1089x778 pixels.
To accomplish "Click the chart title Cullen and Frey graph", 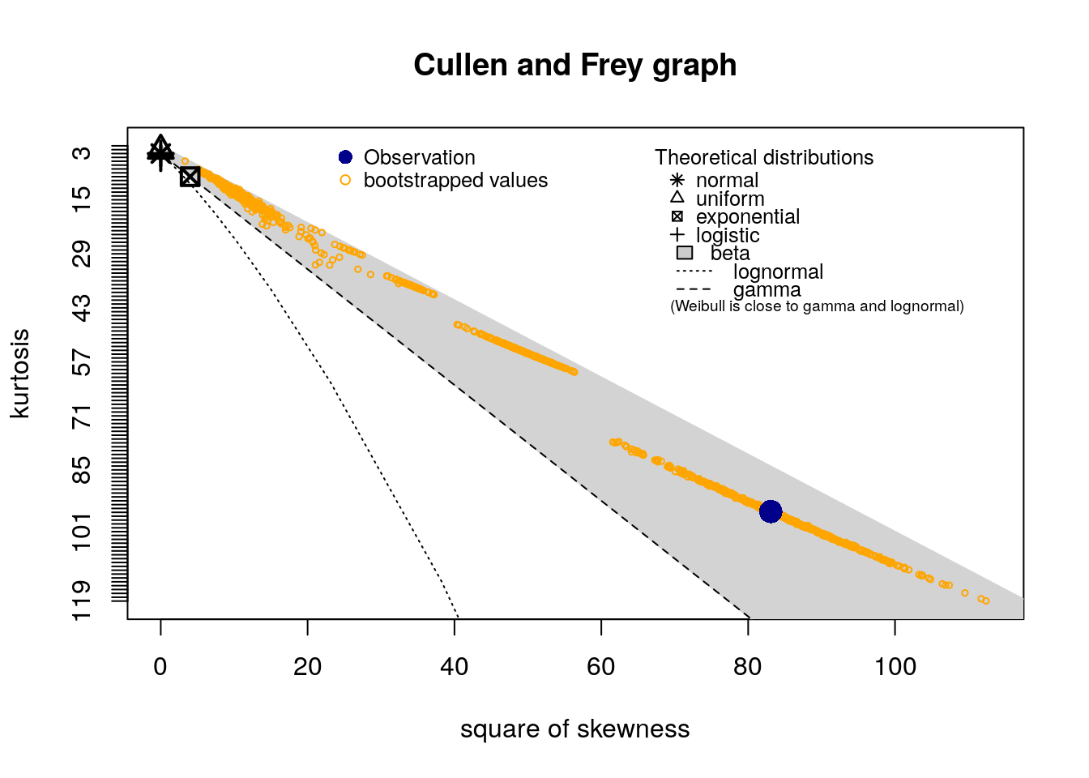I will [574, 66].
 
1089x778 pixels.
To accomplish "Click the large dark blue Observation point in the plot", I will [771, 511].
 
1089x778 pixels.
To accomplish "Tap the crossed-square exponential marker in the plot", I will [190, 177].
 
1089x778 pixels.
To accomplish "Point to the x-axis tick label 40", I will [455, 667].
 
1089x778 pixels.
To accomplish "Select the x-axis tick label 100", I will [895, 667].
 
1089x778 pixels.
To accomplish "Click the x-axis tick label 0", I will [160, 667].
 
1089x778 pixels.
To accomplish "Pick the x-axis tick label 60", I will [601, 667].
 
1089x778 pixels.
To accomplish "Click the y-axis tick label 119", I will [83, 600].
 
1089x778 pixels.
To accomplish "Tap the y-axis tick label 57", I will [83, 362].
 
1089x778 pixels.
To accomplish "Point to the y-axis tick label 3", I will [83, 153].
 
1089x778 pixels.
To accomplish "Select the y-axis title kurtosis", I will [20, 373].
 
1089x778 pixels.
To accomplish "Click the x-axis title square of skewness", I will [574, 729].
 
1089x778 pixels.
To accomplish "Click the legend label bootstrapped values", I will [455, 180].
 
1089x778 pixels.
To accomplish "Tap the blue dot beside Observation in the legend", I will [345, 157].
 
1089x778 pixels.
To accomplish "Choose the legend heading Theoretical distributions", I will [764, 157].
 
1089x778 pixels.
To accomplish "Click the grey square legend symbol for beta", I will [685, 253].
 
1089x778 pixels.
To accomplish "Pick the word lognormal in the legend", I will [778, 271].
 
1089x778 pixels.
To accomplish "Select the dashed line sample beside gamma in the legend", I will [694, 289].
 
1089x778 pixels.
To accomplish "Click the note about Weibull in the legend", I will [817, 306].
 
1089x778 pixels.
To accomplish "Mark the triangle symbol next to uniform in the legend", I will [677, 197].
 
